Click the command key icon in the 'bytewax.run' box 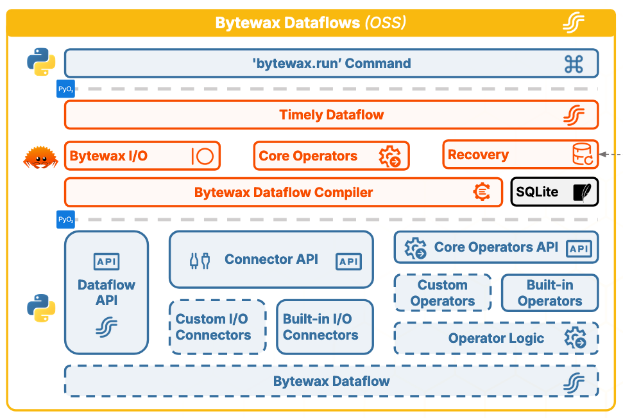point(573,64)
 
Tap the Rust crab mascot point(40,157)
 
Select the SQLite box point(554,192)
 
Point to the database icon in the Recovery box point(583,155)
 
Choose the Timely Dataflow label point(331,116)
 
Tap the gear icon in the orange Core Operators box point(389,156)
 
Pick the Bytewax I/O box point(142,156)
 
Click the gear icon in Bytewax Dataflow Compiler point(482,192)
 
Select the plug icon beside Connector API point(200,260)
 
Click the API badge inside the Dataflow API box point(107,261)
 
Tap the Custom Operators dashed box point(443,293)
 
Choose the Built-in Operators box point(549,293)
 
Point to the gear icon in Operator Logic point(574,338)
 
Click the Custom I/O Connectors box point(218,327)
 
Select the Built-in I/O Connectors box point(325,327)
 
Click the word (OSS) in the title point(385,23)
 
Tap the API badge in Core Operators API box point(579,248)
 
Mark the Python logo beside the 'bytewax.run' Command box point(40,62)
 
